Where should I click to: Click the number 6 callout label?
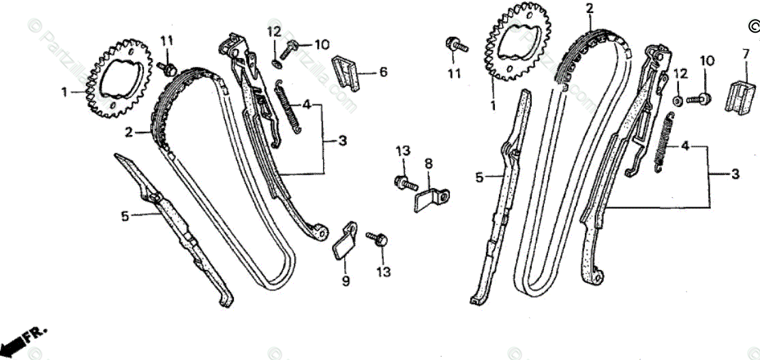[383, 72]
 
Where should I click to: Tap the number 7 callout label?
[745, 53]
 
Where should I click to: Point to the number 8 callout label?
[428, 164]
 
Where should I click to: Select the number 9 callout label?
[346, 280]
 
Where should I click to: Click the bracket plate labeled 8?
[429, 198]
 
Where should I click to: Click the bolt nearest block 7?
[699, 99]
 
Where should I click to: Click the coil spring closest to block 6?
[288, 107]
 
